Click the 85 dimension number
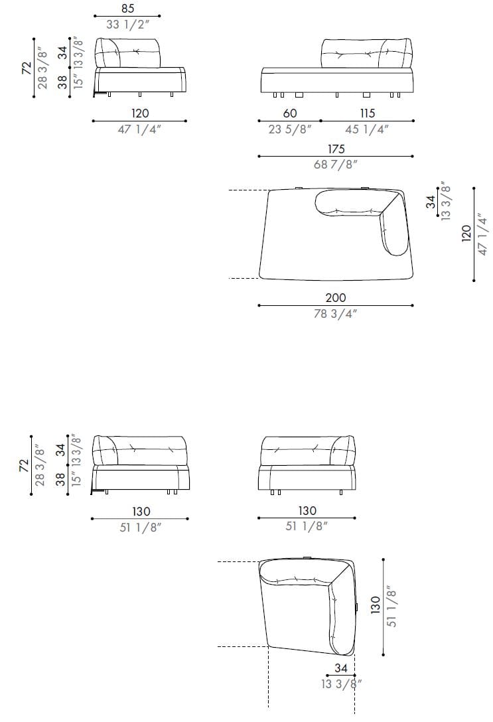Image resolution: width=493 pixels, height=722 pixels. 128,8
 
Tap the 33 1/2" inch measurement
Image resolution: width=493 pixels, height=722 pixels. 128,25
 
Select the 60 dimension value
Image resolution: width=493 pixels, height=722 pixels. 290,113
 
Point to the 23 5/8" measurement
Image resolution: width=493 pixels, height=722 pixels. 290,129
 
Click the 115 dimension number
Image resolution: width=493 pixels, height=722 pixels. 368,113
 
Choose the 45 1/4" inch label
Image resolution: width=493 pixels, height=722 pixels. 368,129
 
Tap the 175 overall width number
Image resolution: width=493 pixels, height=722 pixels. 336,149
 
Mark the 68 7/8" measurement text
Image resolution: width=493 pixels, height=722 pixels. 336,164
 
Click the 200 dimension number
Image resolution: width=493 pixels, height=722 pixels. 336,297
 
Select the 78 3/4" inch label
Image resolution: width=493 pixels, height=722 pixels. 336,314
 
